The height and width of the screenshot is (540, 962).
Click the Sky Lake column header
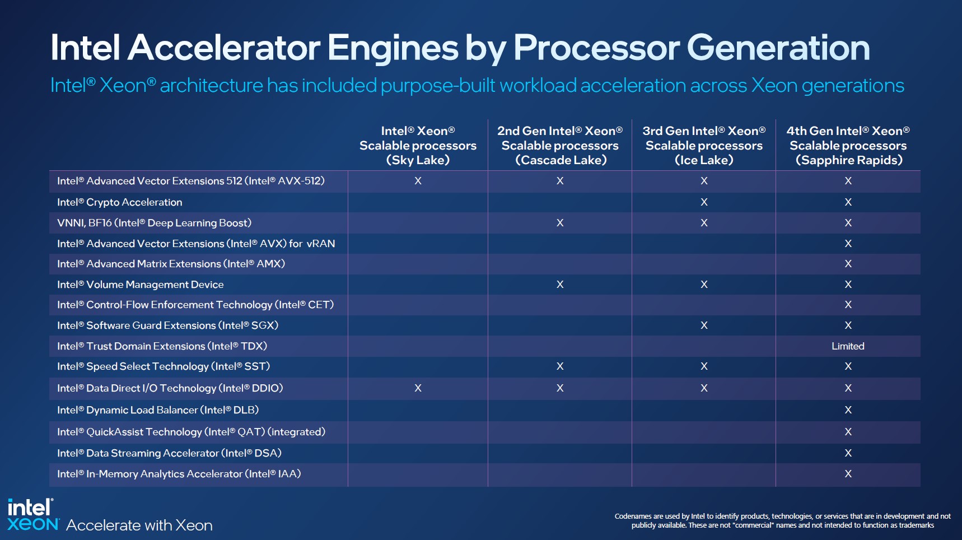418,146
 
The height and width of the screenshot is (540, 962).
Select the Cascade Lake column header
560,146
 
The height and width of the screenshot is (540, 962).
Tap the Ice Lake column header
704,146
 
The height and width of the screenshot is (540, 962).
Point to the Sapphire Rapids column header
848,146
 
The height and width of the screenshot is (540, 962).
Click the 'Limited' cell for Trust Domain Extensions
848,346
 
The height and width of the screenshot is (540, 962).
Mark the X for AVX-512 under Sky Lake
418,181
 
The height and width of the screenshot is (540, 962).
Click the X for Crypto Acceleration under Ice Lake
704,202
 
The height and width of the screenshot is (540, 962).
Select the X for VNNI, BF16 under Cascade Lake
560,223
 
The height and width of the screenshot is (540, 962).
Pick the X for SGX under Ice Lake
704,325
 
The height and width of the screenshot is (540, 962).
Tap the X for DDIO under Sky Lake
418,388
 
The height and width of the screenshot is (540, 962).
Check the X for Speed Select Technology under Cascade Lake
560,366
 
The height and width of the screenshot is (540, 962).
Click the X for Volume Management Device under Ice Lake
704,285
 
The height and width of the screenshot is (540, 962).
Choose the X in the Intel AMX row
848,264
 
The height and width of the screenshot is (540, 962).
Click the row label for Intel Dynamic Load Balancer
158,410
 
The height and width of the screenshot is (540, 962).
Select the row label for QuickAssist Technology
191,432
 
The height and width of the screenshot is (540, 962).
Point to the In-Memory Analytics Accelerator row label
179,474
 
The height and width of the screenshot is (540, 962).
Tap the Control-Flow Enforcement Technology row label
195,305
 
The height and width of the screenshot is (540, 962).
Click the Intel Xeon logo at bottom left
32,515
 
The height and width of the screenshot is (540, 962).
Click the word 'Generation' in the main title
778,48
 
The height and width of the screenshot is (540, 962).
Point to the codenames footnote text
782,520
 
